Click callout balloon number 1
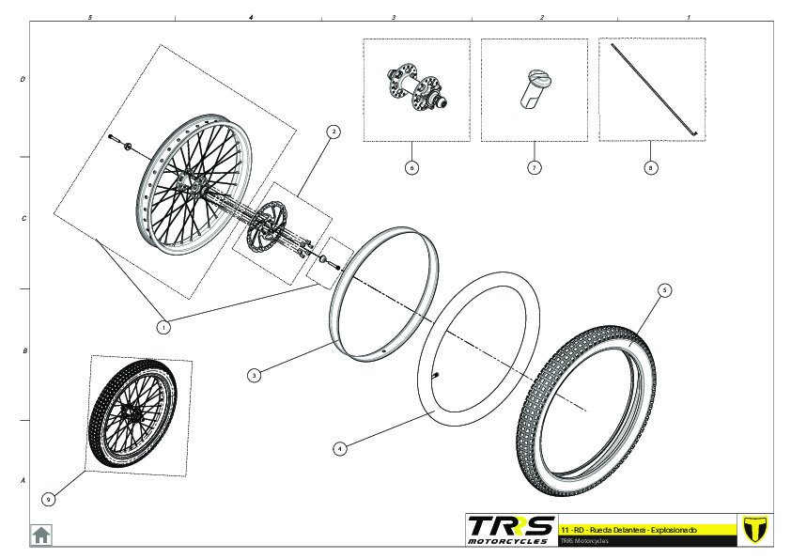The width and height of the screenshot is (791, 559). pyautogui.click(x=163, y=328)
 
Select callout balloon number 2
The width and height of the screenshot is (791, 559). pyautogui.click(x=333, y=132)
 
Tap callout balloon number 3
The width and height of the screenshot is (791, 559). pyautogui.click(x=254, y=375)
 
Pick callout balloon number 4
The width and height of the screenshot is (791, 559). pyautogui.click(x=340, y=449)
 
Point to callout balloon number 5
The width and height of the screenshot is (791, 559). pyautogui.click(x=664, y=290)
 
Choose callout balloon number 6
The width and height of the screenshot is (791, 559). pyautogui.click(x=411, y=168)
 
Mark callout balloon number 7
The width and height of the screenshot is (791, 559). pyautogui.click(x=533, y=168)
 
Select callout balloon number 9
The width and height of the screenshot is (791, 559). pyautogui.click(x=48, y=499)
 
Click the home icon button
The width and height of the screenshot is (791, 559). pyautogui.click(x=41, y=535)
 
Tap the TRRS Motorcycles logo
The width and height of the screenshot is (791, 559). pyautogui.click(x=511, y=529)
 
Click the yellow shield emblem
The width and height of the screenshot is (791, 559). pyautogui.click(x=754, y=529)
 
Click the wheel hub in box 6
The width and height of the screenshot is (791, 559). pyautogui.click(x=414, y=87)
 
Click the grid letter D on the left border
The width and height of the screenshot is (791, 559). pyautogui.click(x=23, y=81)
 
